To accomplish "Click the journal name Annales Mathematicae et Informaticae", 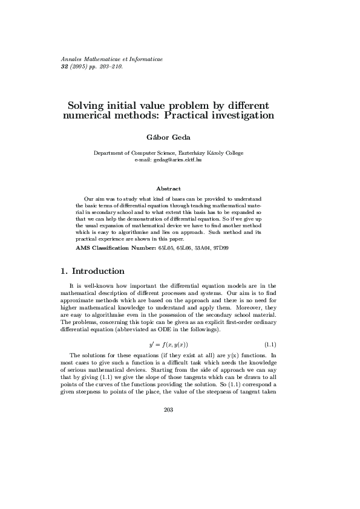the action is [112, 60].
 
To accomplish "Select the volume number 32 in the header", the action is [65, 66].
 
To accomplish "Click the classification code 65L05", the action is [166, 248].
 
